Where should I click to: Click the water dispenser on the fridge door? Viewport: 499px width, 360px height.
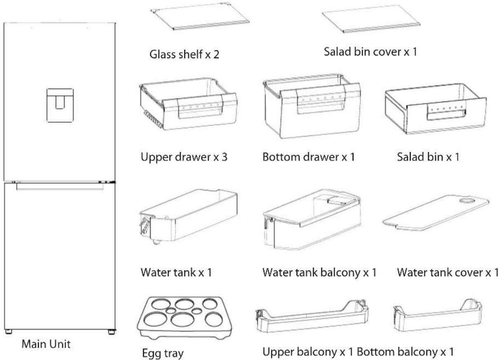(60, 106)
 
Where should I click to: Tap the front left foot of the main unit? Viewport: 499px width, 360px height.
(9, 332)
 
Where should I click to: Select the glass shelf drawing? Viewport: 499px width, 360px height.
(200, 16)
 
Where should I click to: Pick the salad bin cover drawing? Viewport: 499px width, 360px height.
(371, 19)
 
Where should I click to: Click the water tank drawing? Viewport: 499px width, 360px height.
(188, 216)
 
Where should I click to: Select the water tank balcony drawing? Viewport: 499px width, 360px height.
(312, 219)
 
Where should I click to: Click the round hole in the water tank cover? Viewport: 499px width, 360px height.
(467, 200)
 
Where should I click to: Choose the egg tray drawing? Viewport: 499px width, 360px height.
(184, 318)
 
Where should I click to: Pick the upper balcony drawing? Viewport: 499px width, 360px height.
(312, 316)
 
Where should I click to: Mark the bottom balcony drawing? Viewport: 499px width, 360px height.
(438, 315)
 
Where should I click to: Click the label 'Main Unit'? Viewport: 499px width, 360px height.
(46, 344)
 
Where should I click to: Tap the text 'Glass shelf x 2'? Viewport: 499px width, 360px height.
(184, 54)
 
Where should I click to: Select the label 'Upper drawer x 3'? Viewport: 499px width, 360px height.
(184, 157)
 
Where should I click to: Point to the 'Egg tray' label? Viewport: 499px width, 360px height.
(163, 353)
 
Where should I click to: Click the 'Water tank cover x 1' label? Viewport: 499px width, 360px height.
(448, 273)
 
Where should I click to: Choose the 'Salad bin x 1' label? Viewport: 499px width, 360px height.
(428, 157)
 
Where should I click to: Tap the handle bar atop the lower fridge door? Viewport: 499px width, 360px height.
(60, 187)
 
